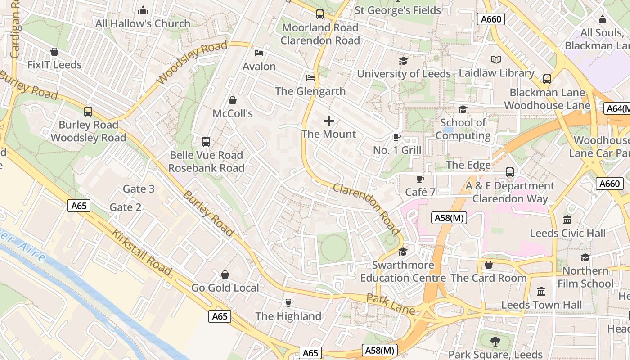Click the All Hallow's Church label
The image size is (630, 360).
143,23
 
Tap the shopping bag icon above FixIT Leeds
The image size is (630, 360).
54,52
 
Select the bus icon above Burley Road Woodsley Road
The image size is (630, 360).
88,112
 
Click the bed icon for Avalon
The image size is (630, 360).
259,53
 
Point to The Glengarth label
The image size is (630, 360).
310,91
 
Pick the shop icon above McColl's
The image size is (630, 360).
233,100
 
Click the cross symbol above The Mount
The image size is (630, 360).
329,121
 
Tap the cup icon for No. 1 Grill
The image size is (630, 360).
396,137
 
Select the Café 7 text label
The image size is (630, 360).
420,192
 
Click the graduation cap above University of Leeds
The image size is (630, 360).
403,61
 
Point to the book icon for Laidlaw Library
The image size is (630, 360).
496,60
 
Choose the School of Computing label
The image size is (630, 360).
463,129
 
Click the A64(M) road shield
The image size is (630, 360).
617,108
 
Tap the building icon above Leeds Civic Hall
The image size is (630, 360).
567,220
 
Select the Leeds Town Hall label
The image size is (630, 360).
541,305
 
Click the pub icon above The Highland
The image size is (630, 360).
288,303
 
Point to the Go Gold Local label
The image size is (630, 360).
225,288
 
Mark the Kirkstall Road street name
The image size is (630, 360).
142,252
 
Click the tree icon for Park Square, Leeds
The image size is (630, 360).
495,342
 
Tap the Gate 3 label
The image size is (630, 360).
139,189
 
